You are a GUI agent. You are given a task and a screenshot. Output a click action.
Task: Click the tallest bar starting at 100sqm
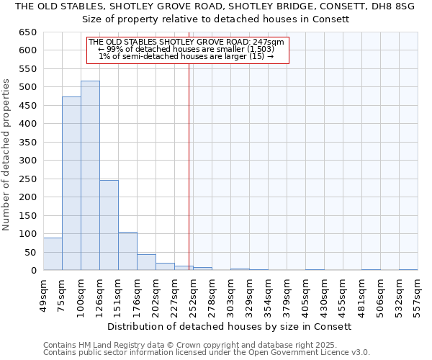(x=90, y=176)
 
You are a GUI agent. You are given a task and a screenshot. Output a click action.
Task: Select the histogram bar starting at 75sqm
(x=71, y=184)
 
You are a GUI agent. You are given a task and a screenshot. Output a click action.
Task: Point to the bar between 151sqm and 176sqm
(x=127, y=251)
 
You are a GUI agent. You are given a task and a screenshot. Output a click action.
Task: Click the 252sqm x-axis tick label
(x=193, y=294)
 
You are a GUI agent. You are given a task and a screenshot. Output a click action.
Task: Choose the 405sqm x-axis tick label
(x=305, y=294)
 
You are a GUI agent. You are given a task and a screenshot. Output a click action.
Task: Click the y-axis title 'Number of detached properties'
(x=6, y=154)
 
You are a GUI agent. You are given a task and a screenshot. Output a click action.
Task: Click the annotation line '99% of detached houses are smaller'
(x=187, y=49)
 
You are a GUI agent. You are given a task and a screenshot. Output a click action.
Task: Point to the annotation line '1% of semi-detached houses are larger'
(x=187, y=56)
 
